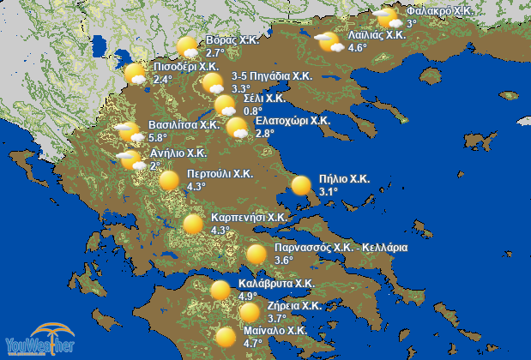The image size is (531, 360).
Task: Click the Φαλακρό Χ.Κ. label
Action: (x=440, y=10)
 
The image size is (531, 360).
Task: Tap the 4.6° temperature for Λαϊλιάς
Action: (x=358, y=48)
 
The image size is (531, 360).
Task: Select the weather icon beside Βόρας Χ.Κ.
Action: (x=187, y=47)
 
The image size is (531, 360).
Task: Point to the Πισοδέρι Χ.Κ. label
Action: (x=187, y=66)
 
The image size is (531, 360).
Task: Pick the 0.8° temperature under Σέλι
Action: (x=252, y=111)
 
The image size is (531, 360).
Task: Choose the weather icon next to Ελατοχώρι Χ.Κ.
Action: (x=238, y=128)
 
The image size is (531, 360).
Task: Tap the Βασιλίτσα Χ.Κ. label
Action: (x=184, y=124)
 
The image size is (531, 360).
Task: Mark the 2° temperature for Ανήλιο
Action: (x=155, y=166)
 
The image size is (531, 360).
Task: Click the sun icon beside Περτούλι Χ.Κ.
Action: (x=170, y=181)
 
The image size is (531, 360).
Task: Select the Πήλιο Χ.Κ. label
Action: (x=343, y=179)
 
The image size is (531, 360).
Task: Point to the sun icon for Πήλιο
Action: (x=301, y=184)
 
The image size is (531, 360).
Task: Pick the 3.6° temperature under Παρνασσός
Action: (x=284, y=261)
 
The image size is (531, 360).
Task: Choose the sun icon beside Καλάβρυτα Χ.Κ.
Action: (x=220, y=289)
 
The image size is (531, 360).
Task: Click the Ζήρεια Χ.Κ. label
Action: (x=293, y=305)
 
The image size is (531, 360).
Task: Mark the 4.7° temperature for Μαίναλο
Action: (x=253, y=343)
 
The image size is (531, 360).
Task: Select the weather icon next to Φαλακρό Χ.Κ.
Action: (x=388, y=17)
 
